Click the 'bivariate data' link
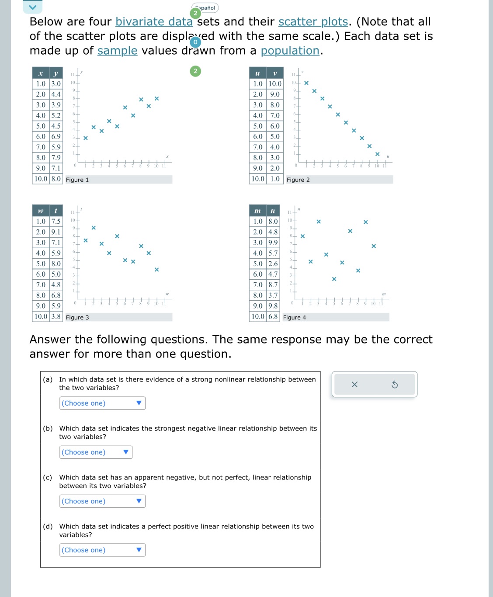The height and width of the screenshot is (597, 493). [x=154, y=22]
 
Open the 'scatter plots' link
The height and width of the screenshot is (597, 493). [x=313, y=22]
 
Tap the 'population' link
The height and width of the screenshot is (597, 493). [x=290, y=51]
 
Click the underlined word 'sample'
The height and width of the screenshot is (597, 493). [x=117, y=51]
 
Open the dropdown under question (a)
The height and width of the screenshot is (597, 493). [x=102, y=403]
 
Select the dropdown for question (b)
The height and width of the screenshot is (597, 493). [x=96, y=452]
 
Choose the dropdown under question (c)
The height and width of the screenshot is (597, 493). [x=102, y=501]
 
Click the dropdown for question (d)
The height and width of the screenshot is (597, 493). [x=102, y=550]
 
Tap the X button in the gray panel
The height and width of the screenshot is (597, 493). [x=354, y=385]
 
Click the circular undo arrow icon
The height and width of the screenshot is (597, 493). [x=395, y=385]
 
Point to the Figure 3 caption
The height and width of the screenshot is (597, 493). [x=77, y=317]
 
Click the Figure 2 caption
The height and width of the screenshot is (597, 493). [x=298, y=180]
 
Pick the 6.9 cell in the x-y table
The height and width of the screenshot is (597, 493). [x=56, y=136]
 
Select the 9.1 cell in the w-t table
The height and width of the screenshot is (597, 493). [x=56, y=232]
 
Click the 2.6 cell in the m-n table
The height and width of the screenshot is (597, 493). [x=273, y=264]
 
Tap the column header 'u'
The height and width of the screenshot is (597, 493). [x=257, y=73]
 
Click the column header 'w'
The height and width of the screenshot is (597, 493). [x=41, y=211]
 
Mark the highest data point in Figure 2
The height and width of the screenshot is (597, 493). [x=306, y=83]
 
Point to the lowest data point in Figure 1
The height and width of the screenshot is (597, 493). [x=86, y=138]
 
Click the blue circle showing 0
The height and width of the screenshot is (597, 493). [x=195, y=42]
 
